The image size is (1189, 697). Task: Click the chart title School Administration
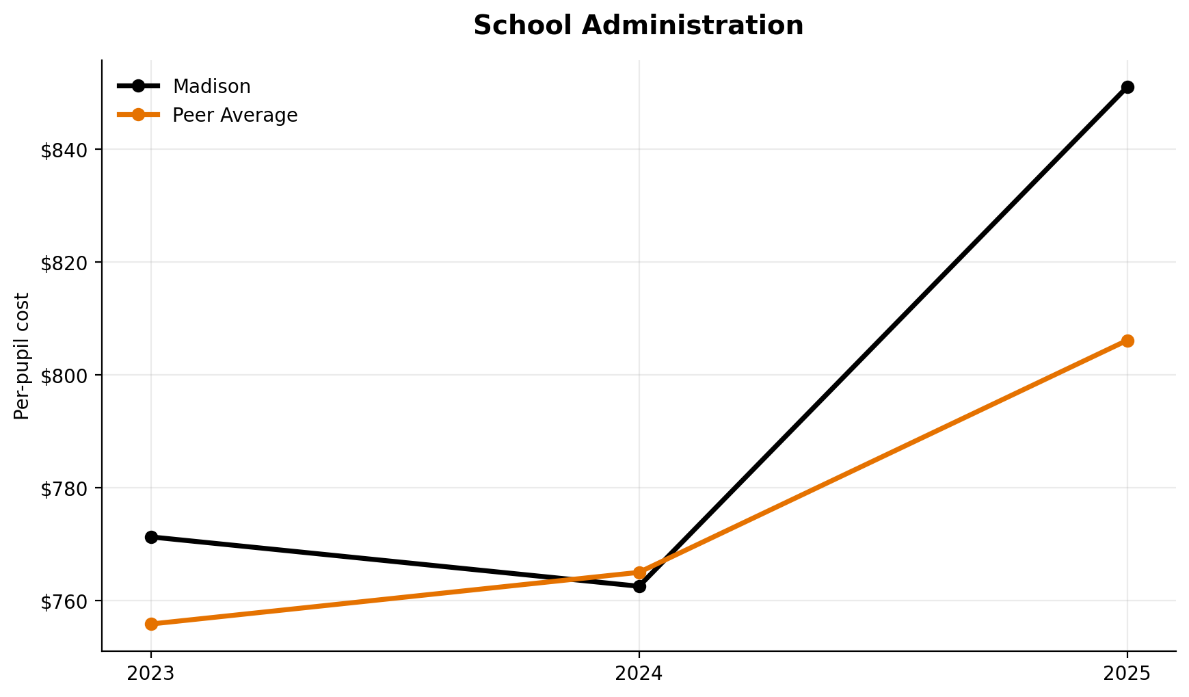tap(638, 26)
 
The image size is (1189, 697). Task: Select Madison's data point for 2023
tap(151, 537)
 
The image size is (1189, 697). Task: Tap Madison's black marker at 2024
tap(639, 586)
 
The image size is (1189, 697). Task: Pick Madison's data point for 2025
tap(1127, 87)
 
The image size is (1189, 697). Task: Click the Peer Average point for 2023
tap(151, 624)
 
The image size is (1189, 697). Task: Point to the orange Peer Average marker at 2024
tap(639, 573)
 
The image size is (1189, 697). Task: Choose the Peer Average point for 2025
tap(1127, 341)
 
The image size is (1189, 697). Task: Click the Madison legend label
tap(211, 87)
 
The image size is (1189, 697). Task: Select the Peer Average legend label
tap(235, 116)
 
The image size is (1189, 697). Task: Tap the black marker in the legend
tap(138, 86)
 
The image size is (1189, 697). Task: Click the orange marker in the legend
tap(138, 115)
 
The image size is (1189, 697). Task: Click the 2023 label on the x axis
tap(151, 674)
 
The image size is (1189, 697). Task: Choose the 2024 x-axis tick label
tap(639, 674)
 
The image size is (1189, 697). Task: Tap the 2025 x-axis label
tap(1127, 674)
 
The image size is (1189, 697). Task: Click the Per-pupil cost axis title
tap(22, 356)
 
